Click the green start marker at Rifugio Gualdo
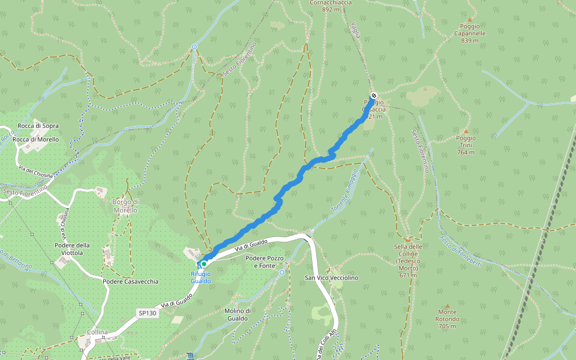point(204,264)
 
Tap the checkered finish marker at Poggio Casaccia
point(374,96)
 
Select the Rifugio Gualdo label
point(201,278)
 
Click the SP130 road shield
point(147,313)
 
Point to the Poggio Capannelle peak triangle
point(470,19)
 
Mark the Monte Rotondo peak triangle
point(447,306)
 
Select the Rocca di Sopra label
point(38,126)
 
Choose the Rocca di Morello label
point(36,139)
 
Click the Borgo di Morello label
point(125,206)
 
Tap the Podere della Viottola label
point(72,249)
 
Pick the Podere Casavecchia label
point(130,281)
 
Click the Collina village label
point(97,332)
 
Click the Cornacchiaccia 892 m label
point(331,6)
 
